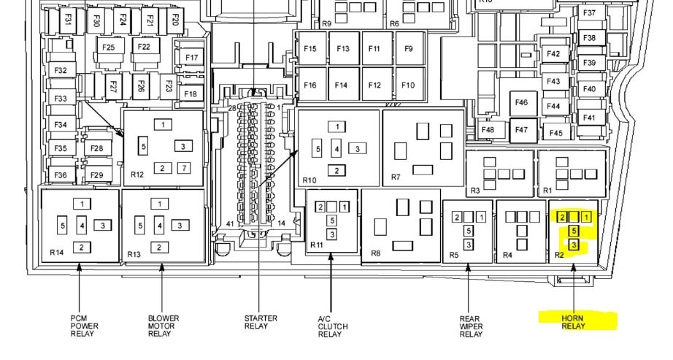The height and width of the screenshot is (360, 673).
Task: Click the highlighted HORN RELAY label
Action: click(x=572, y=322)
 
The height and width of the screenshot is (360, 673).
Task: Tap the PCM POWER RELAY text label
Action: click(x=84, y=326)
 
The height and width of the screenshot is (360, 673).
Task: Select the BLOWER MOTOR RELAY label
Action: click(x=163, y=326)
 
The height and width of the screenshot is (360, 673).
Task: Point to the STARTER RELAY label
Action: click(x=261, y=322)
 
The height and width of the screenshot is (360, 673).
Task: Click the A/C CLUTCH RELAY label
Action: click(x=333, y=326)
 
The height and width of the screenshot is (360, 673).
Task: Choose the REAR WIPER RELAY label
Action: click(x=471, y=326)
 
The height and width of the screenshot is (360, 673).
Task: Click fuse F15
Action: click(x=310, y=48)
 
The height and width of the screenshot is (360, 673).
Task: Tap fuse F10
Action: click(x=408, y=85)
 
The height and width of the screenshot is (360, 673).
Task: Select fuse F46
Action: click(x=521, y=103)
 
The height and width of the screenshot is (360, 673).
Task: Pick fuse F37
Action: click(x=590, y=13)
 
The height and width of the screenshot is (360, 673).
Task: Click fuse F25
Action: click(x=109, y=47)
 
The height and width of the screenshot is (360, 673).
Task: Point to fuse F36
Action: click(x=61, y=175)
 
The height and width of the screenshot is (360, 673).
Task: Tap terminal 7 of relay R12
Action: click(x=184, y=168)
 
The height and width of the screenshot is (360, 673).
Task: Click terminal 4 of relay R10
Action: click(x=337, y=149)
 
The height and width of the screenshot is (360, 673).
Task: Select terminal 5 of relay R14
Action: click(x=63, y=226)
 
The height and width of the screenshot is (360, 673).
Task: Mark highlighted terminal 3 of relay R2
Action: click(x=574, y=245)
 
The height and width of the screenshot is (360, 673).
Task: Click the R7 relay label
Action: click(x=396, y=177)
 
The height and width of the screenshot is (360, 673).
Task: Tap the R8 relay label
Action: click(x=376, y=253)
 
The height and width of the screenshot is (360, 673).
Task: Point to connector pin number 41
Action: click(x=231, y=224)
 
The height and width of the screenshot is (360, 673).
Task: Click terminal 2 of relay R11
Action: click(x=320, y=207)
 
